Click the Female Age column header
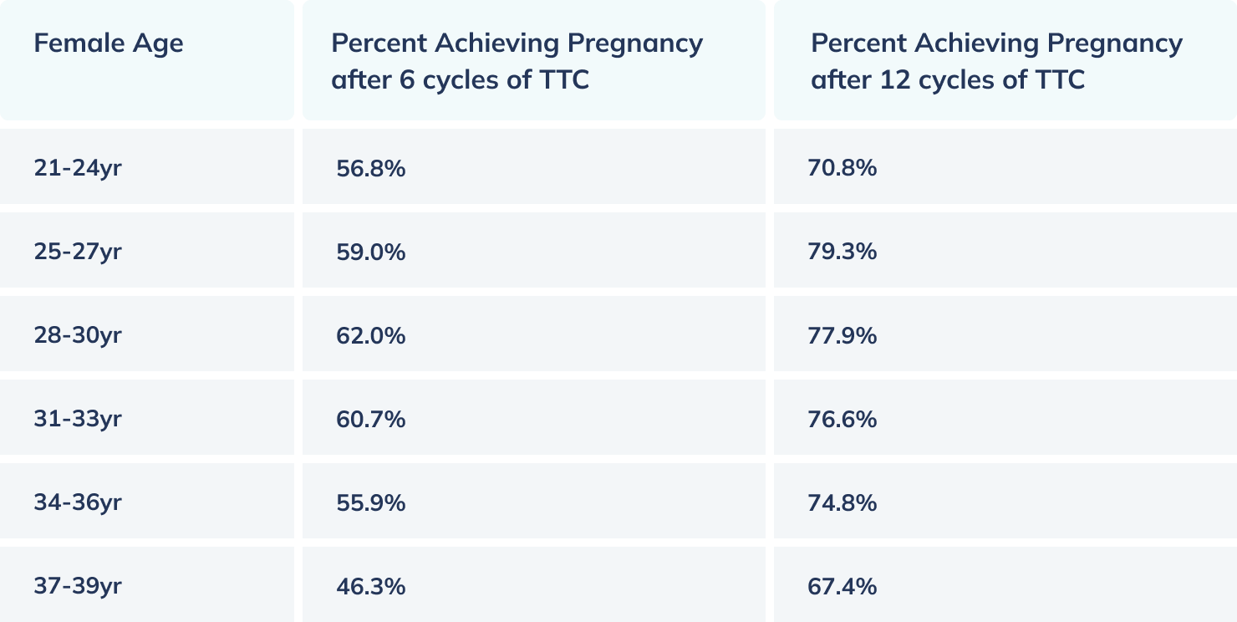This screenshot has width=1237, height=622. [109, 43]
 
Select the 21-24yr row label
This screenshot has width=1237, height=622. [78, 168]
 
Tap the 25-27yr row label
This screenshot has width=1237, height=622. [78, 252]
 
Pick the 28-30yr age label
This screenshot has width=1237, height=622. [78, 335]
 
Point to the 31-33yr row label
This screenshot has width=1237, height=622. [78, 419]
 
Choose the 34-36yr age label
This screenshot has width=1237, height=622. [78, 502]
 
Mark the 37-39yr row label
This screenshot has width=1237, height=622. [78, 586]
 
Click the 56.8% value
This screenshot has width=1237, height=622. [370, 168]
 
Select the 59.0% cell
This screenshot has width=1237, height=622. [370, 252]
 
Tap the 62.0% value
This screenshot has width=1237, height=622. [370, 335]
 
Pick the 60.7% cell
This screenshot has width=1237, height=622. [370, 419]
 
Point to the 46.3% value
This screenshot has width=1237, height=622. [370, 586]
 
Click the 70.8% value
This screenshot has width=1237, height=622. [842, 168]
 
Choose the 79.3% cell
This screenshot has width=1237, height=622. [842, 252]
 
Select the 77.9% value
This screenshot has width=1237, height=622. [842, 335]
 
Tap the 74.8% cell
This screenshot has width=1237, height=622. [842, 502]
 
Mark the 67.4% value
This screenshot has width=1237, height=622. [842, 586]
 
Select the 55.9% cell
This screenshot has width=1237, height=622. [370, 502]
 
